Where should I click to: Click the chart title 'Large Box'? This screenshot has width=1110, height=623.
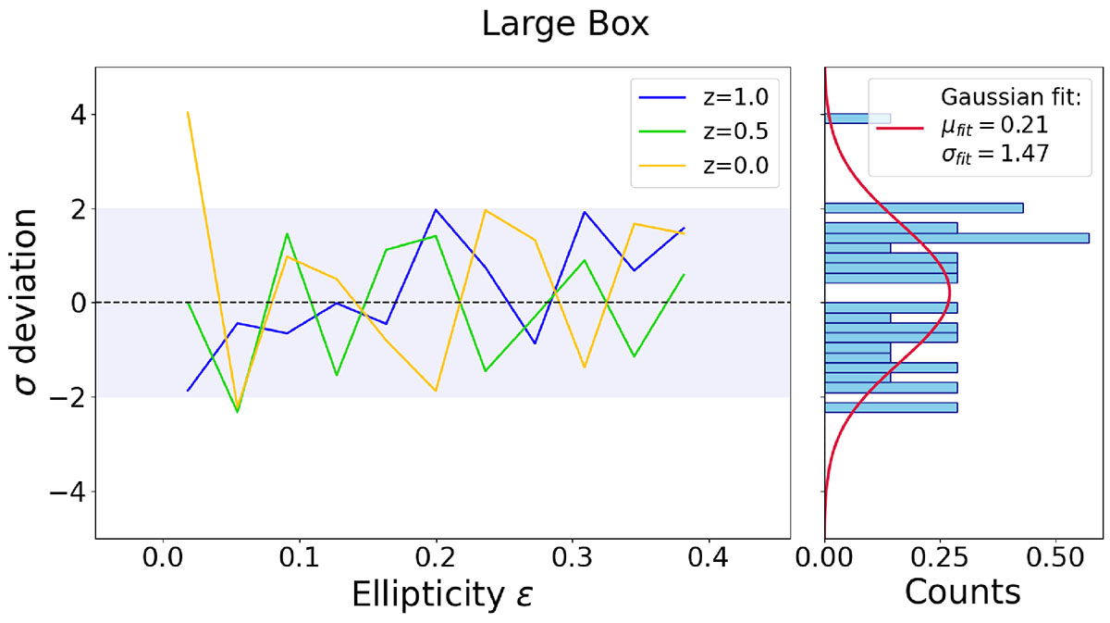click(565, 25)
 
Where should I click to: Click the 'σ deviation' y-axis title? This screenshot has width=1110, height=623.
click(31, 302)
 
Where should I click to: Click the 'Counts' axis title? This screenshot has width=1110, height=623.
click(962, 592)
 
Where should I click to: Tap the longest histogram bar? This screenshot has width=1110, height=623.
click(956, 238)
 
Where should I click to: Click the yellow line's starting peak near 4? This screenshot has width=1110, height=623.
click(189, 113)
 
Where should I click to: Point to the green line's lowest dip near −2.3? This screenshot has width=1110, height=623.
click(238, 411)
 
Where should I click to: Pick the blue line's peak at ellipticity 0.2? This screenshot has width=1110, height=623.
click(436, 209)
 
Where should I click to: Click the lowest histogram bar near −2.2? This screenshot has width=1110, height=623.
click(891, 407)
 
